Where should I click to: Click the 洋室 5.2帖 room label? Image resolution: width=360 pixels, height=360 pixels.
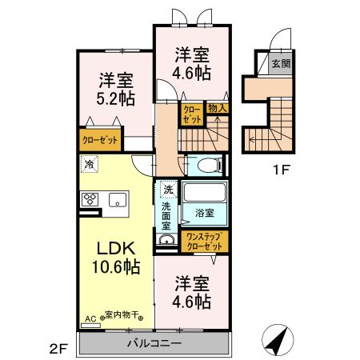[117, 89]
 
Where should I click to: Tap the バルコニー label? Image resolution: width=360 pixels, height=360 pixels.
[154, 344]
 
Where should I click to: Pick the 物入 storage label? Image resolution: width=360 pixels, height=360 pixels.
[218, 109]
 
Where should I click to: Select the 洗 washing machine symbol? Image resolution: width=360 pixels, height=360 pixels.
[167, 190]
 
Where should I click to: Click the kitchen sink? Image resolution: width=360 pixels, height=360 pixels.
[118, 200]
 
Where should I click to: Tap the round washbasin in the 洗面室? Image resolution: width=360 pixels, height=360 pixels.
[167, 242]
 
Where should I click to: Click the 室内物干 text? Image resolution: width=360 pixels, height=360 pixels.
[118, 317]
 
